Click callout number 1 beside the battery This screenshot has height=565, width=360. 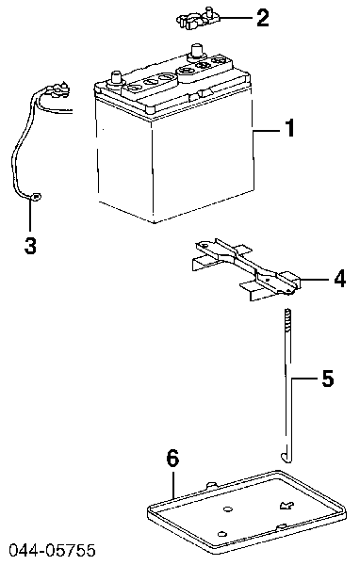pos(289,128)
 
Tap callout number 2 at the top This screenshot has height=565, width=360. pos(263,18)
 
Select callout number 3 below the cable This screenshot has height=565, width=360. pos(30,246)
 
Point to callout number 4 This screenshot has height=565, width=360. pos(339,279)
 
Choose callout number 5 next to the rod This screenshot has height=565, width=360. pos(328,379)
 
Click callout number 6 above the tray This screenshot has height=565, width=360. pos(172,459)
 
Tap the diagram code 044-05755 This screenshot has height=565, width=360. pos(53,550)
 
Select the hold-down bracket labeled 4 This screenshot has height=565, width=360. pos(245,267)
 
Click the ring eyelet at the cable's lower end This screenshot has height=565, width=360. pos(36,197)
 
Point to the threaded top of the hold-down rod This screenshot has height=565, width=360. pos(287,318)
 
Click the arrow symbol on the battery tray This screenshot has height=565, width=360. pos(286,506)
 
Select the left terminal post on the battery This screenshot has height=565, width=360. pos(116,78)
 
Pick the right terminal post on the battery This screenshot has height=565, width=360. pos(196,51)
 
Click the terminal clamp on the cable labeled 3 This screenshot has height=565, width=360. pos(57,89)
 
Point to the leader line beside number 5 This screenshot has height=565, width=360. pos(303,379)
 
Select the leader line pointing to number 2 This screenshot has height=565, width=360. pos(236,18)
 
